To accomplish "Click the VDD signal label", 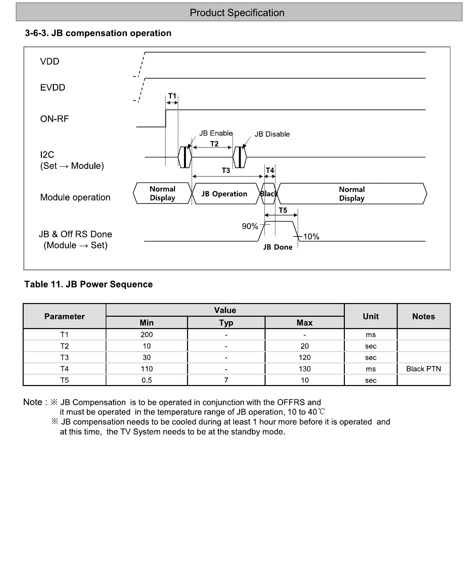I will (x=49, y=61).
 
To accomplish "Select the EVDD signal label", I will (x=53, y=88).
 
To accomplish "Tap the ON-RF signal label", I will (x=54, y=119).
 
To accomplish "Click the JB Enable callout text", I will (x=216, y=133).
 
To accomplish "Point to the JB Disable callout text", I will (x=272, y=134).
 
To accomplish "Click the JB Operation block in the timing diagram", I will (x=224, y=194).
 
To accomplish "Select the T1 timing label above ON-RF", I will (x=172, y=96).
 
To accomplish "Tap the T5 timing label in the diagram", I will (x=283, y=210).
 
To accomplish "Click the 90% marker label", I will (x=250, y=226).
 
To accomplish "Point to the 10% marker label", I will (x=311, y=237).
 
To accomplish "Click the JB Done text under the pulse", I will (x=278, y=247).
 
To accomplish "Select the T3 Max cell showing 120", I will (x=304, y=358).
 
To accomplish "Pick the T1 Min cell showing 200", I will (x=147, y=335).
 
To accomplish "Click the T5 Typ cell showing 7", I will (x=226, y=380).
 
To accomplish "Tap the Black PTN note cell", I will (x=423, y=369).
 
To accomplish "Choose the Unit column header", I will (x=371, y=316).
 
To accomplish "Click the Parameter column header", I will (x=65, y=316).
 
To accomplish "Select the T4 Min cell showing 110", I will (x=147, y=369).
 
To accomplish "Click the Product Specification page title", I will (x=237, y=13).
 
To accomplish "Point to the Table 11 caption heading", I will (x=89, y=284).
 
